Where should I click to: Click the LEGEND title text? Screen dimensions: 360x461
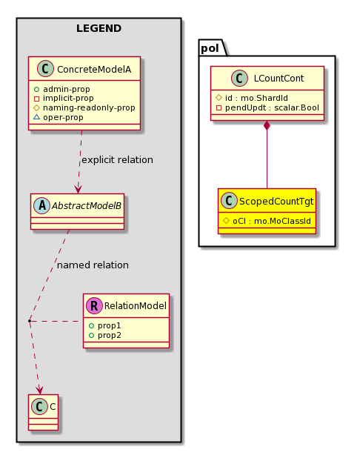coord(99,28)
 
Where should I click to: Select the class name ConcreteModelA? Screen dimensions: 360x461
coord(94,70)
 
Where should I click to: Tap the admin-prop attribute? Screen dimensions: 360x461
coord(67,89)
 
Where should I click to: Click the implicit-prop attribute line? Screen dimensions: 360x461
coord(68,98)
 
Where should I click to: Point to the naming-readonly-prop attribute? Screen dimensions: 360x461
coord(89,108)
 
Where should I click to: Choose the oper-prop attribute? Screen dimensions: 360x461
coord(63,117)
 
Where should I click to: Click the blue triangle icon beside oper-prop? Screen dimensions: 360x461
coord(37,117)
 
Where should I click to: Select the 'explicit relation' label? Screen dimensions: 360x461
coord(117,160)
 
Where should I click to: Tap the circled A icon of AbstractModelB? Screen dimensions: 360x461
coord(41,206)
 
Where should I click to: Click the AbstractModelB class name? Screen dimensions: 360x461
coord(87,206)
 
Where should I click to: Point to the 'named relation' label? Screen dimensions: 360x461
coord(93,265)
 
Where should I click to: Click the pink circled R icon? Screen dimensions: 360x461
coord(94,306)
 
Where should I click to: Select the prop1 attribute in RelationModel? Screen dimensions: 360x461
coord(109,326)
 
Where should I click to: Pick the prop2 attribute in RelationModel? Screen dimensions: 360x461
coord(110,336)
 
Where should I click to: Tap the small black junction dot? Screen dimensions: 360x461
coord(30,321)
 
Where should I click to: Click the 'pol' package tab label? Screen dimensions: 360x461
coord(210,48)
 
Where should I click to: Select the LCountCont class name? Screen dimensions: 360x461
coord(279,79)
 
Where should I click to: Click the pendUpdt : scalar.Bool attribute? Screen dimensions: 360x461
coord(272,108)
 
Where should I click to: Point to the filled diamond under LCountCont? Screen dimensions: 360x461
coord(267,125)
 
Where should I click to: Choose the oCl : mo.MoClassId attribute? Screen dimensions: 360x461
coord(272,221)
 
